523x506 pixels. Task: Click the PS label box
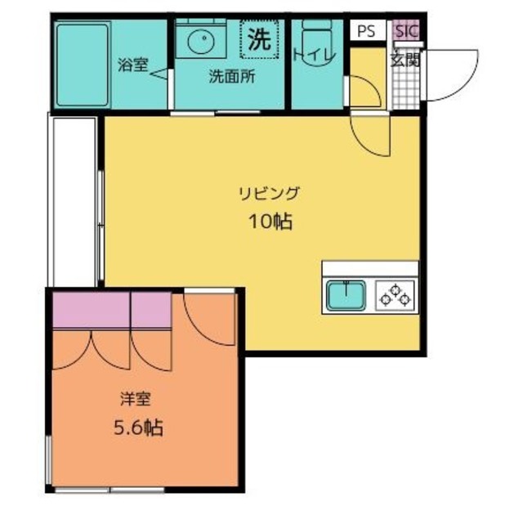coord(366,32)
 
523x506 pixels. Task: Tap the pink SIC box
coord(405,31)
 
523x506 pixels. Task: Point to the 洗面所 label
coord(231,78)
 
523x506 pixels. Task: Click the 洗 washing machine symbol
coord(259,39)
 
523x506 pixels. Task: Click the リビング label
coord(270,194)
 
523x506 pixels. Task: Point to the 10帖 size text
coord(270,221)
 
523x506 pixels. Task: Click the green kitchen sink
coord(347,295)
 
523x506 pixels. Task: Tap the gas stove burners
coord(396,295)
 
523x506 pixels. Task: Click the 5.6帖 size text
coord(136,428)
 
